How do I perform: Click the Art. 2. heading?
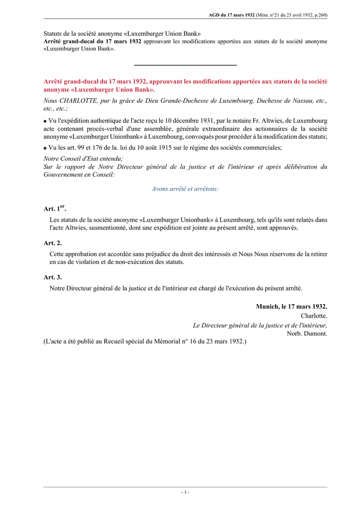point(53,243)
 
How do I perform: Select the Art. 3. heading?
point(53,277)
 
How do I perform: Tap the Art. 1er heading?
point(55,209)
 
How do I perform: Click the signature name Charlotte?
point(314,316)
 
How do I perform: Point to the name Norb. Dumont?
point(307,334)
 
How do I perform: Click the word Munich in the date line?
point(268,307)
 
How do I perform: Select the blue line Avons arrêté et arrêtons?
point(185,189)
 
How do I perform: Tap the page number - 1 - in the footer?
point(185,492)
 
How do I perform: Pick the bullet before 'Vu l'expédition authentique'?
point(45,121)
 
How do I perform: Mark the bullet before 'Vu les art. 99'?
point(45,148)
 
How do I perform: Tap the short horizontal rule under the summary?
point(185,65)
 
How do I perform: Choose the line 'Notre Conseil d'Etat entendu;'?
point(84,159)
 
